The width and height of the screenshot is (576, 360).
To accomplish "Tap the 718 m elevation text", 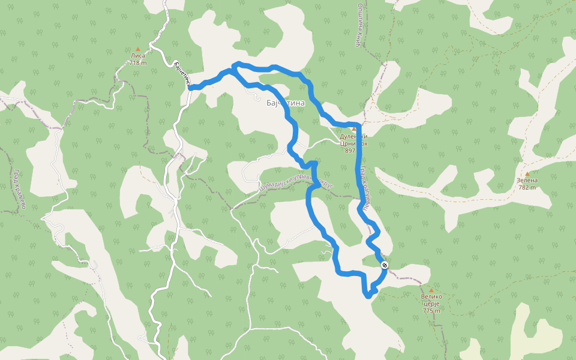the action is pyautogui.click(x=137, y=63).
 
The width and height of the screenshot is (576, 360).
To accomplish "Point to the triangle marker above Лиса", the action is pyautogui.click(x=137, y=49).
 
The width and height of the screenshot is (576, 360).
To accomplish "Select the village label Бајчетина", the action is pyautogui.click(x=286, y=103).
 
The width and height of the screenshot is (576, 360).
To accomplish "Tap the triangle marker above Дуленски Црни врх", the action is pyautogui.click(x=353, y=128).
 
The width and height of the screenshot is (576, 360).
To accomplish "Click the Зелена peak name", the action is pyautogui.click(x=527, y=180).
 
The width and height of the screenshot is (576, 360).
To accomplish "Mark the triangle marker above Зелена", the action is pyautogui.click(x=527, y=173).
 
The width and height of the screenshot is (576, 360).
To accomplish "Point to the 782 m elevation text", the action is pyautogui.click(x=527, y=187).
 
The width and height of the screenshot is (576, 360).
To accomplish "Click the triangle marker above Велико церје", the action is pyautogui.click(x=431, y=290).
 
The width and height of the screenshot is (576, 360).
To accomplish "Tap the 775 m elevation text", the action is pyautogui.click(x=431, y=311).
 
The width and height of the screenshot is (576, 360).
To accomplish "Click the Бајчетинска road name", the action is pyautogui.click(x=182, y=74).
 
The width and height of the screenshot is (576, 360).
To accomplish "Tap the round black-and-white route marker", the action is pyautogui.click(x=385, y=265).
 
